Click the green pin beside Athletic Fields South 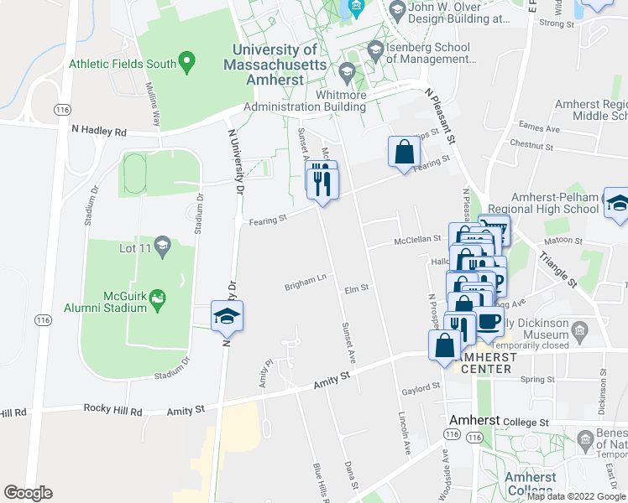(x=187, y=62)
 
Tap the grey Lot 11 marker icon (x=163, y=246)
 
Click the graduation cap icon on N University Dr (x=227, y=317)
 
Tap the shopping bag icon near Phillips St (x=404, y=153)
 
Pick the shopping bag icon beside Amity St (x=444, y=345)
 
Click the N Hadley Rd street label (x=97, y=132)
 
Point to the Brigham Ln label (x=304, y=284)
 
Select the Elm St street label (x=357, y=289)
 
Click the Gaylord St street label (x=421, y=387)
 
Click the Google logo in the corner (x=28, y=493)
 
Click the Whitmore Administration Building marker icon (x=347, y=70)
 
